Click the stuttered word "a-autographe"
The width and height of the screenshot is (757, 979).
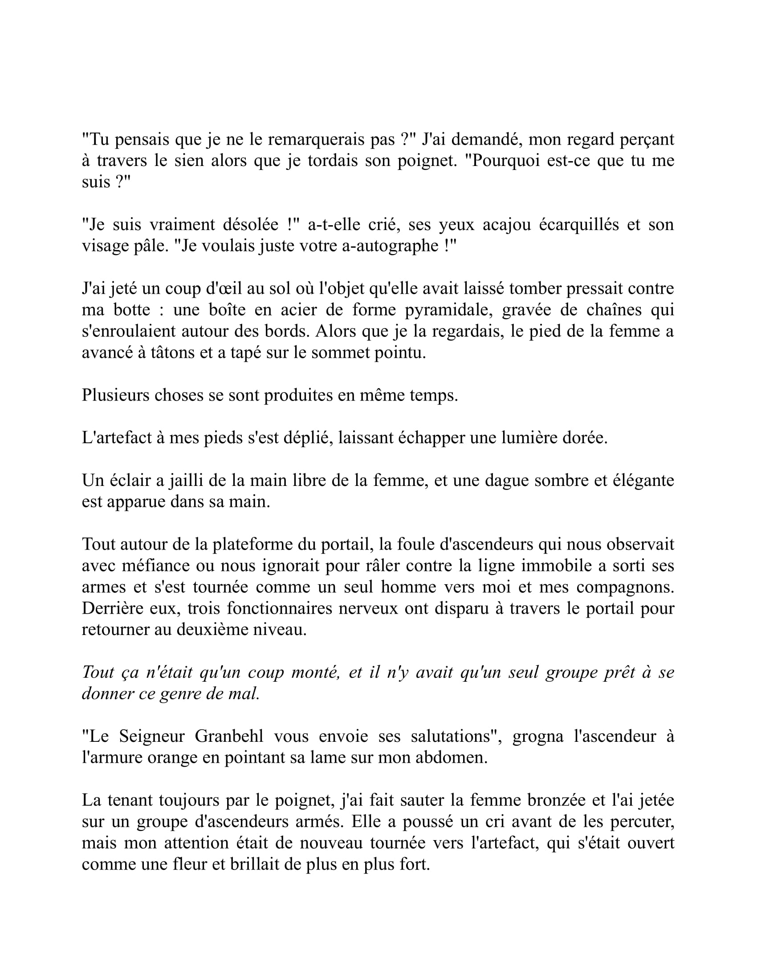[x=390, y=246]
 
